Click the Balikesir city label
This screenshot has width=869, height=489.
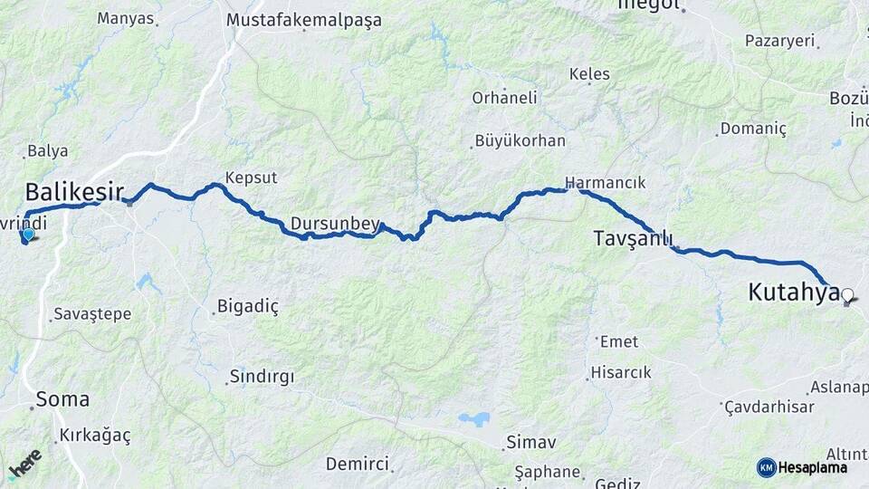click(74, 192)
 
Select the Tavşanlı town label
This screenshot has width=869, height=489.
click(633, 238)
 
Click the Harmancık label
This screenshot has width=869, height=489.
click(605, 182)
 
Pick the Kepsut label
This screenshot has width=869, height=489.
click(251, 177)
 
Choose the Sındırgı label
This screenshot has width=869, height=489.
click(262, 375)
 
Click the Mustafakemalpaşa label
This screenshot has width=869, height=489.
click(304, 19)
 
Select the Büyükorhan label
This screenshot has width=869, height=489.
click(520, 140)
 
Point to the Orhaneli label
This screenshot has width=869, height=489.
click(504, 97)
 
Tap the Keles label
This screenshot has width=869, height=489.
click(589, 73)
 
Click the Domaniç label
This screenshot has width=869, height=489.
click(755, 129)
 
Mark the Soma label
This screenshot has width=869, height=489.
click(62, 398)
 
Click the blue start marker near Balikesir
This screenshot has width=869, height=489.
click(28, 235)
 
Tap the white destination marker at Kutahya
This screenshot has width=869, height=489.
click(847, 294)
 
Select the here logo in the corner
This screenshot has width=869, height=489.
click(24, 464)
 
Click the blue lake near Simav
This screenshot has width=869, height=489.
click(473, 419)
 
